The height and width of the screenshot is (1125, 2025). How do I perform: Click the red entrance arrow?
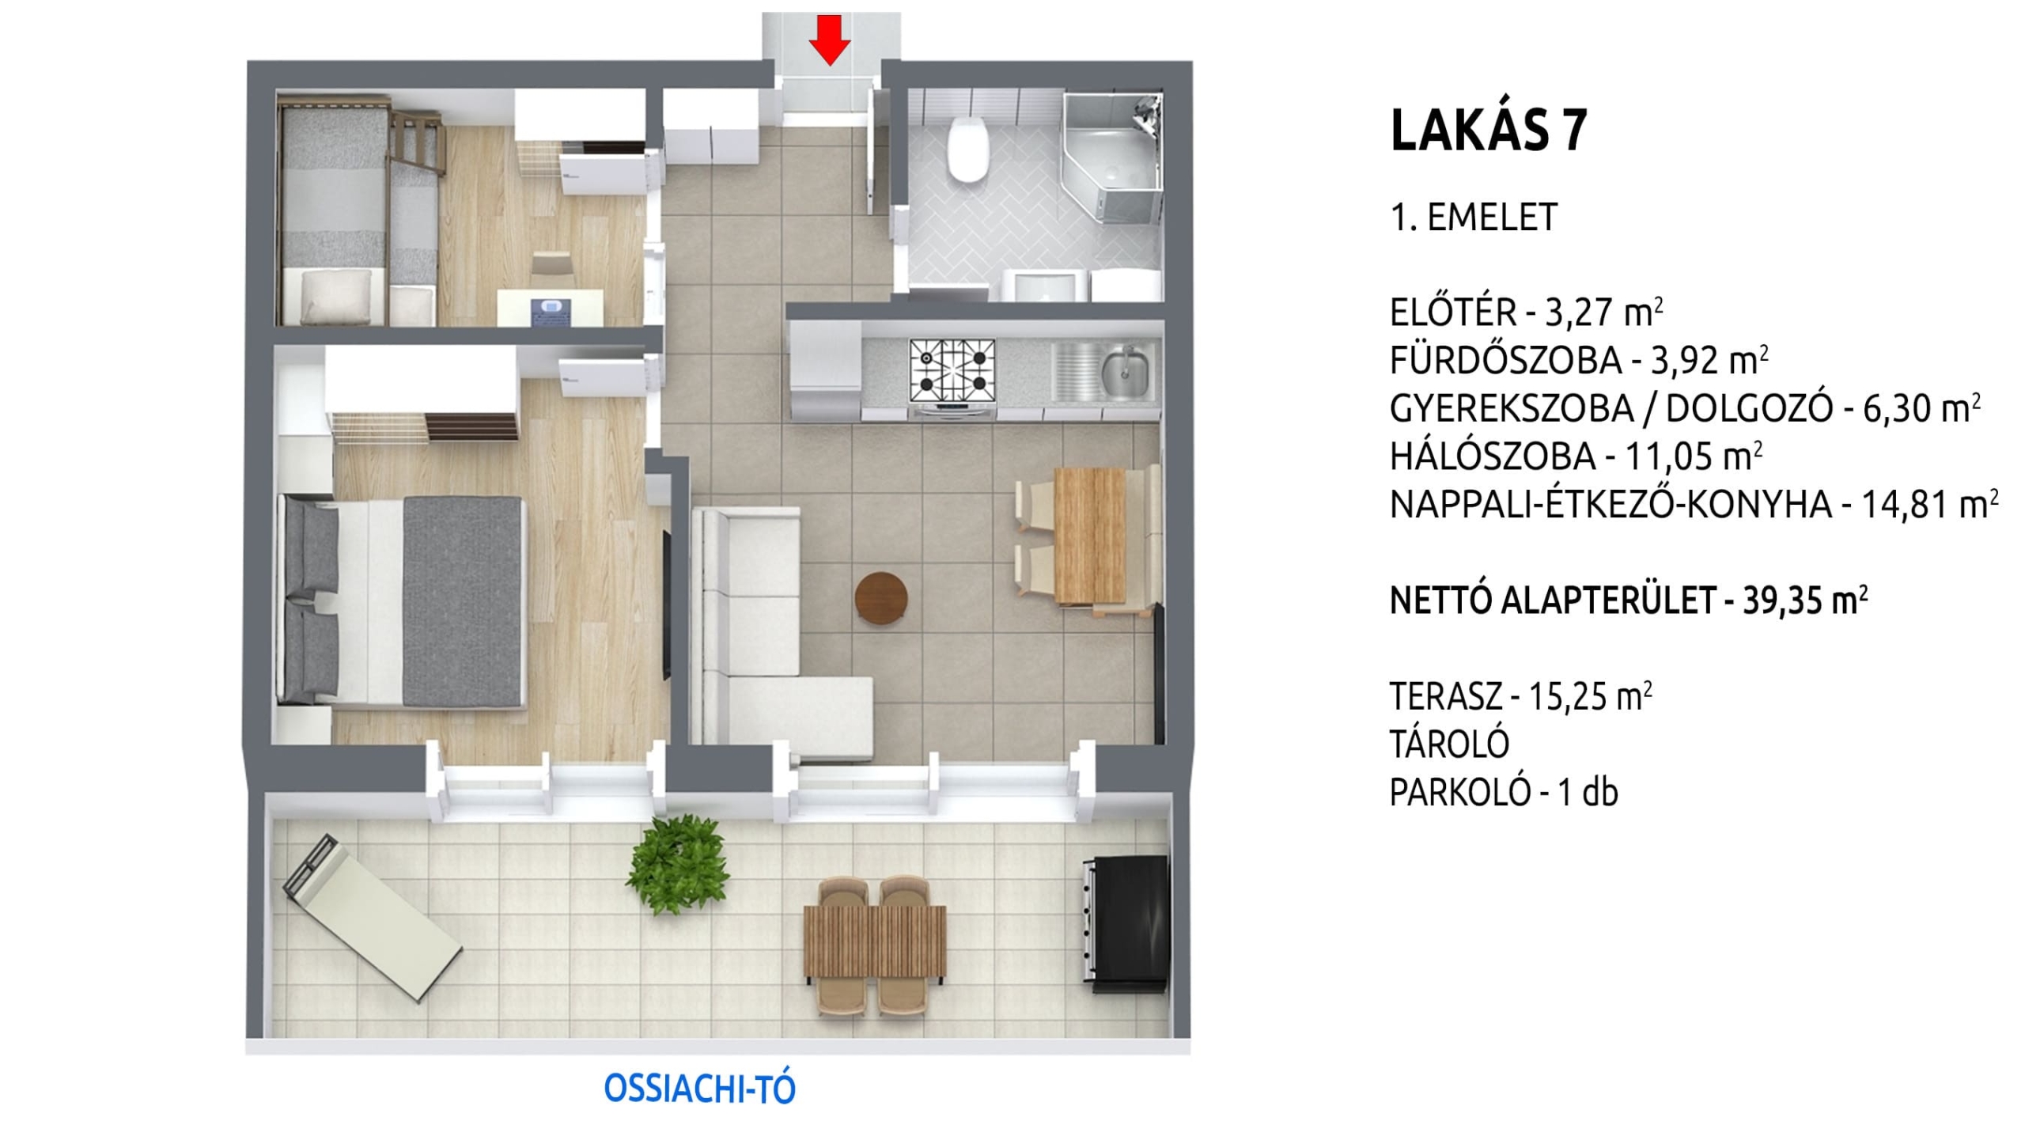pos(829,40)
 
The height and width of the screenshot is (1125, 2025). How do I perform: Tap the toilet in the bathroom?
pos(968,148)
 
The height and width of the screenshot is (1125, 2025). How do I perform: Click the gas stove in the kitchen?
pos(952,374)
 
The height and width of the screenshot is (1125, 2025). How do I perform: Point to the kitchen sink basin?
pos(1125,373)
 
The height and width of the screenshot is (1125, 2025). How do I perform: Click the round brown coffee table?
pos(881,599)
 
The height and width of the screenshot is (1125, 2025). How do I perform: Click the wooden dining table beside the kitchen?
pos(1090,535)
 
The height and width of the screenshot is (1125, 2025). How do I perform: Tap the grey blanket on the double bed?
pos(464,600)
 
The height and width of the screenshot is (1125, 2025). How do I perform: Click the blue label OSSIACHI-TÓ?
pos(699,1089)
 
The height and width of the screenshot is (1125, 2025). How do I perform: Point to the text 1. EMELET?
pos(1474,217)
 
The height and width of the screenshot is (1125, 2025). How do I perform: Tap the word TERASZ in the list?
pos(1446,696)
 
